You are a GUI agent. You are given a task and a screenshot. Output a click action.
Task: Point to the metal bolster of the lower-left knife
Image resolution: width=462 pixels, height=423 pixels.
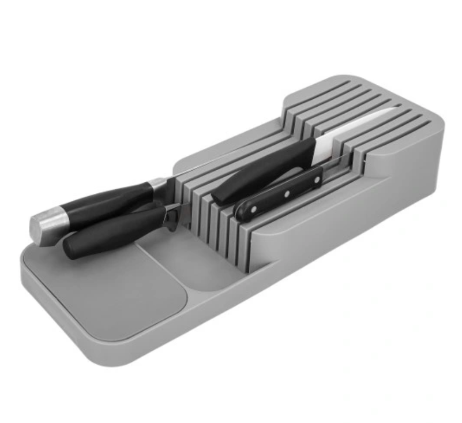[x=171, y=216]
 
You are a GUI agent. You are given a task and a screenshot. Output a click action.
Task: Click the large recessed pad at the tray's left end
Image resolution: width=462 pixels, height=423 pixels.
[x=110, y=289]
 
